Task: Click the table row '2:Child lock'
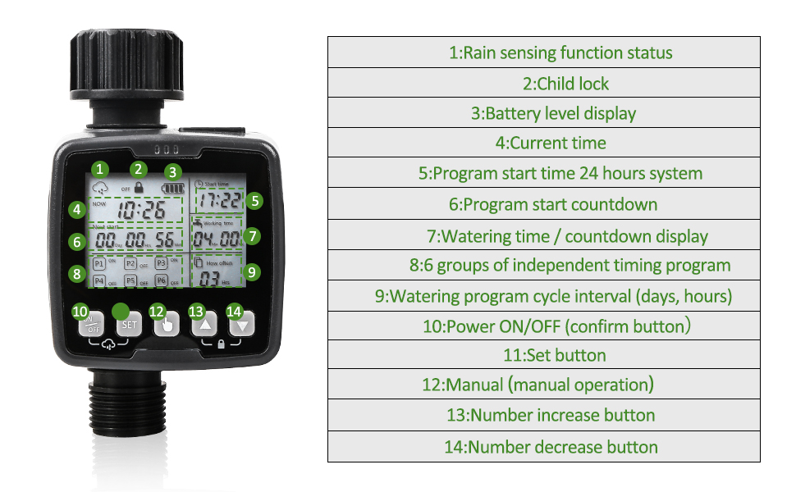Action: pyautogui.click(x=544, y=83)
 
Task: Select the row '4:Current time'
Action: pyautogui.click(x=544, y=143)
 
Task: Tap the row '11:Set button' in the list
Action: pyautogui.click(x=544, y=355)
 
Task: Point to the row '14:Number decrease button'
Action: pyautogui.click(x=544, y=447)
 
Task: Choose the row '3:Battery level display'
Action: pyautogui.click(x=544, y=113)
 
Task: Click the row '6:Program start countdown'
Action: pyautogui.click(x=544, y=204)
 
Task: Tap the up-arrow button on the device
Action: pyautogui.click(x=205, y=325)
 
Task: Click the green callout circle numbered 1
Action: pyautogui.click(x=99, y=169)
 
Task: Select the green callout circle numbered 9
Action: pyautogui.click(x=253, y=271)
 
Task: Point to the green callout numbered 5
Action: pyautogui.click(x=255, y=200)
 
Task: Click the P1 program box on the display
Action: pyautogui.click(x=98, y=264)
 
